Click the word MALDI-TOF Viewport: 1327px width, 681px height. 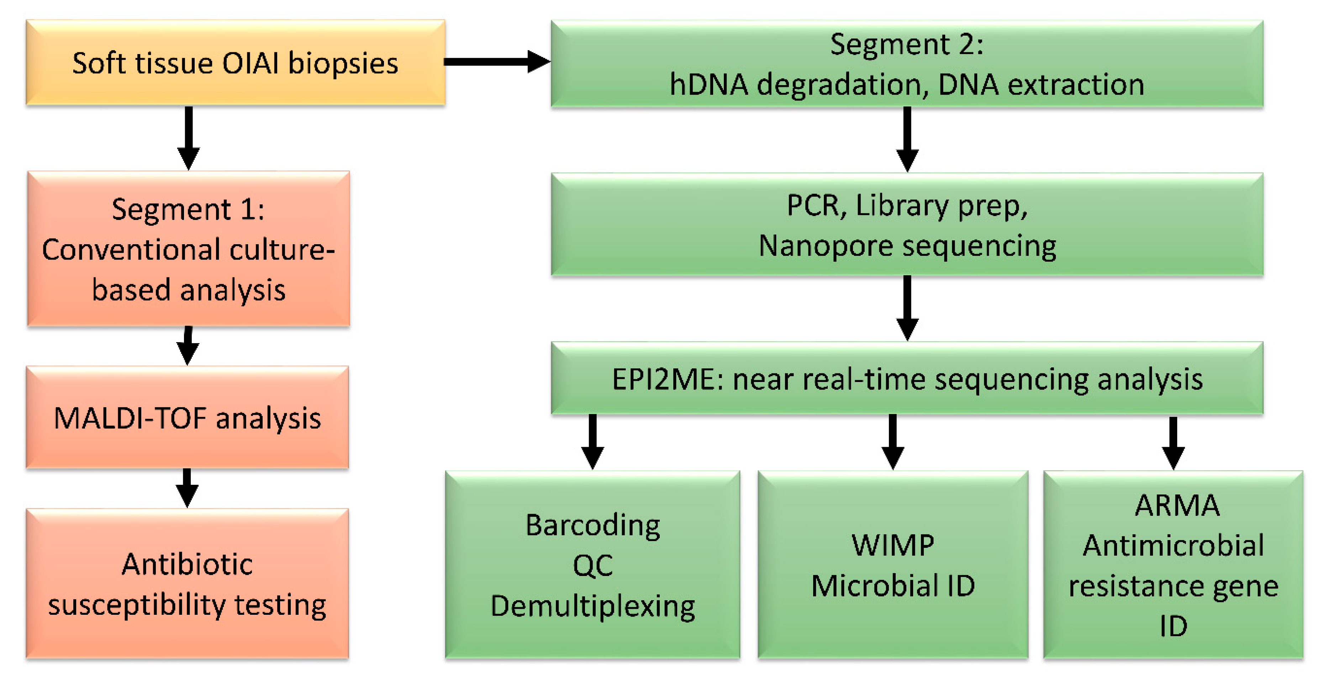pos(130,418)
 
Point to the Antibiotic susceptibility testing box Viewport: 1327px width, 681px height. pos(187,584)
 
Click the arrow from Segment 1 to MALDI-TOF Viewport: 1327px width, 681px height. pos(188,346)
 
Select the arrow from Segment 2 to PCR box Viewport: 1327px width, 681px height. pos(907,139)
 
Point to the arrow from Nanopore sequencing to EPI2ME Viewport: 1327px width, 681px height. pos(907,308)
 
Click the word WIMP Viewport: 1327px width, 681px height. pos(893,545)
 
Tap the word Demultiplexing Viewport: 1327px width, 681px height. pos(593,606)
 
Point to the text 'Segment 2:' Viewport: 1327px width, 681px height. pos(907,44)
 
